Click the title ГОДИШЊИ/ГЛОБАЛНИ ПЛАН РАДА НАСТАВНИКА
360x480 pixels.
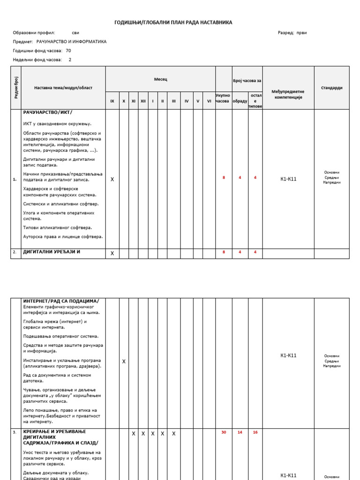173,22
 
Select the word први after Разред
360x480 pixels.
302,33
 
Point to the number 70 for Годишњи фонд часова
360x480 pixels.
68,51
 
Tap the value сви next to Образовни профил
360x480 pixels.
75,33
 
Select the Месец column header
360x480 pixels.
160,79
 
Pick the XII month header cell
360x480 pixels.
143,101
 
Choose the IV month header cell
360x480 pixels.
186,101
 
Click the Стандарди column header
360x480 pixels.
331,88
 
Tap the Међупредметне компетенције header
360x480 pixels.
288,94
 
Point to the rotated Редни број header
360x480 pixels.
16,88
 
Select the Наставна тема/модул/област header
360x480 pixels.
63,88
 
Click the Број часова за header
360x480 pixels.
247,81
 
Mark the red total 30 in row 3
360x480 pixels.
224,432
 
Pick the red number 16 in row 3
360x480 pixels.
255,432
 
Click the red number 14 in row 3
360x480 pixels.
240,432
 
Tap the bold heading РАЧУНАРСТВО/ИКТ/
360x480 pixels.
48,112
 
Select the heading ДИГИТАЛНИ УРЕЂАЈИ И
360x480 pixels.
52,252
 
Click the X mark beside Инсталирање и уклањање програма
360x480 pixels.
124,361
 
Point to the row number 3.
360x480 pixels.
15,432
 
